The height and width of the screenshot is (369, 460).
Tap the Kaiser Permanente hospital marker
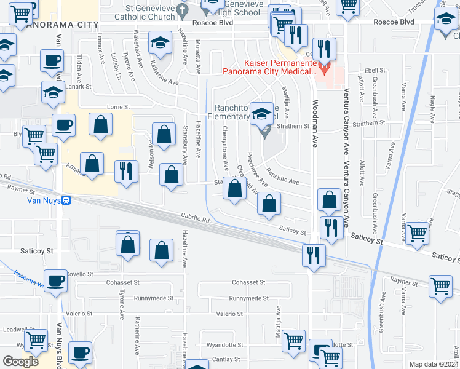325,65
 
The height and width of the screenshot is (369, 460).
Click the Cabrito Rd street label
195,217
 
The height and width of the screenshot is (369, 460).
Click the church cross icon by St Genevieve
182,10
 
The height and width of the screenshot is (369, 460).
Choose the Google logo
20,362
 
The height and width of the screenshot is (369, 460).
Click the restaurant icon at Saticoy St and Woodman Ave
331,228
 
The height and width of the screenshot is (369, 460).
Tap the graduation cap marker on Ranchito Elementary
262,113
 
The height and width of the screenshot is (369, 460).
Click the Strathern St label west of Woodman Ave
292,126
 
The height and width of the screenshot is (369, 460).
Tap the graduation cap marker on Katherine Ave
161,43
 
